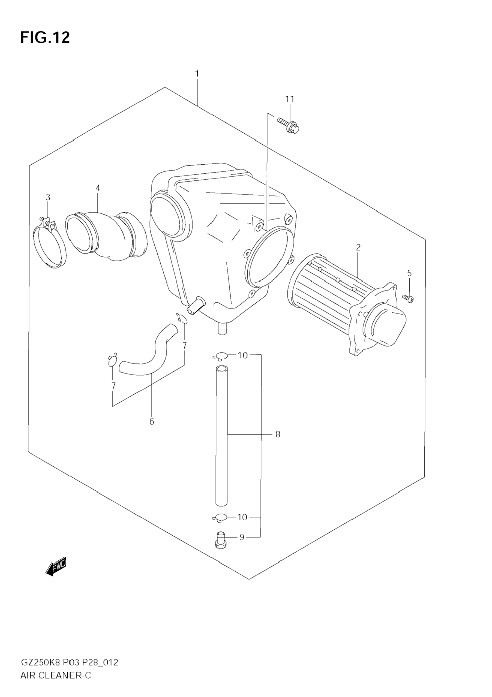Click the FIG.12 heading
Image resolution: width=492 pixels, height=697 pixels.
(x=45, y=38)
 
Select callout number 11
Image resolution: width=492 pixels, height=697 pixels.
(x=290, y=99)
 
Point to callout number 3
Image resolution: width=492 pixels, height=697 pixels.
(x=48, y=197)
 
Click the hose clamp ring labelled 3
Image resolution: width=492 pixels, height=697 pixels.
(x=50, y=243)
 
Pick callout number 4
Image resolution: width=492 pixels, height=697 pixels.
(x=98, y=188)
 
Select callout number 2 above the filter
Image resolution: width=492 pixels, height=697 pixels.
(x=358, y=248)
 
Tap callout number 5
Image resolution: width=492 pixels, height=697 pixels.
(x=409, y=273)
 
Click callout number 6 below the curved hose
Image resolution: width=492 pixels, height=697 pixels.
(x=152, y=421)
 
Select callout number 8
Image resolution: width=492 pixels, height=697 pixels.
(x=278, y=435)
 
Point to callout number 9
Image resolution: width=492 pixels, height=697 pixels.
(x=242, y=537)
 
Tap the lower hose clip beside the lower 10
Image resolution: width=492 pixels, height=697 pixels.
(x=220, y=517)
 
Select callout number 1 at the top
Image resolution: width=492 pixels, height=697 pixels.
(x=197, y=74)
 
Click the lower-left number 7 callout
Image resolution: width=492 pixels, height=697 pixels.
(x=113, y=386)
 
